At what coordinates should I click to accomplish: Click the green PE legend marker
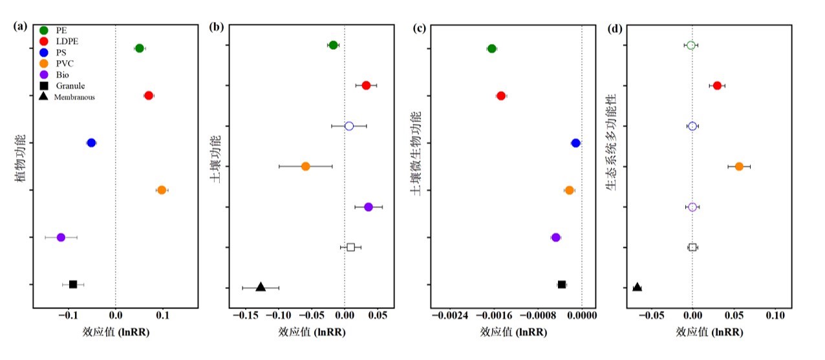(x=44, y=30)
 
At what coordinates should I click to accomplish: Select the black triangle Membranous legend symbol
(x=44, y=97)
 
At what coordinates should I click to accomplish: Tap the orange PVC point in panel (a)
(x=162, y=190)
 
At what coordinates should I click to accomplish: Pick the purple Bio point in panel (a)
(x=61, y=237)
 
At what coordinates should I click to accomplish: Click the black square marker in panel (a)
(x=73, y=284)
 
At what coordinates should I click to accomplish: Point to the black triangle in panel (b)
(x=261, y=287)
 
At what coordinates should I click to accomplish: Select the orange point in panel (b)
(x=306, y=166)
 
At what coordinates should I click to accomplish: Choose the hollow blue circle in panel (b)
(x=349, y=126)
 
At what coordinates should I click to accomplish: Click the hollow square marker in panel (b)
(x=350, y=247)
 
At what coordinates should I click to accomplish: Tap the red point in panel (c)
(x=501, y=96)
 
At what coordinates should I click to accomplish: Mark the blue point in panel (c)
(x=575, y=143)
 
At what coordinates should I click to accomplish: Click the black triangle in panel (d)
(x=637, y=287)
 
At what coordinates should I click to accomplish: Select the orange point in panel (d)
(x=739, y=166)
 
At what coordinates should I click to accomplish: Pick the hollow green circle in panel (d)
(x=691, y=45)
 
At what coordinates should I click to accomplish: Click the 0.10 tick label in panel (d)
(x=775, y=317)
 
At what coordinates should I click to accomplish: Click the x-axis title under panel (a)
(x=115, y=332)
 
